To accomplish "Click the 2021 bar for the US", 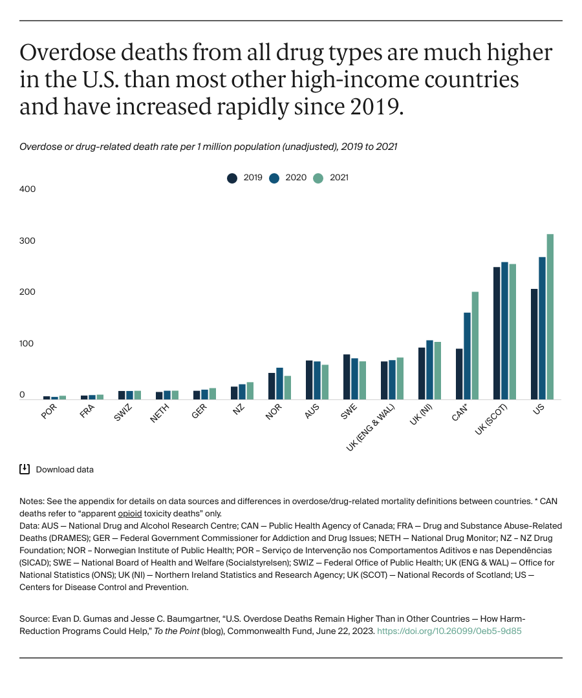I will click(x=550, y=317).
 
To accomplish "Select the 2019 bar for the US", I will click(x=534, y=344).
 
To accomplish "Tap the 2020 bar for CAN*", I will click(x=467, y=356).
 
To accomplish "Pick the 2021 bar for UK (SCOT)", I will click(x=513, y=332).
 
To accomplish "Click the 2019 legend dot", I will click(x=232, y=178).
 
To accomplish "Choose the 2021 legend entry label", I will click(x=339, y=178).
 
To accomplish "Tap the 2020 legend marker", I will click(x=274, y=178).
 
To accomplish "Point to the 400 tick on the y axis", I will click(x=27, y=189).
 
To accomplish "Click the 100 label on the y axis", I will click(x=27, y=344).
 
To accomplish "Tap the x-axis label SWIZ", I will click(x=122, y=413).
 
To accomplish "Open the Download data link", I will click(x=65, y=470).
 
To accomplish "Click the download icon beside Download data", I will click(x=25, y=469).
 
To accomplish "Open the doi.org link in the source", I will click(x=449, y=631).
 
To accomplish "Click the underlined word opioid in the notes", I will click(x=129, y=514).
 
